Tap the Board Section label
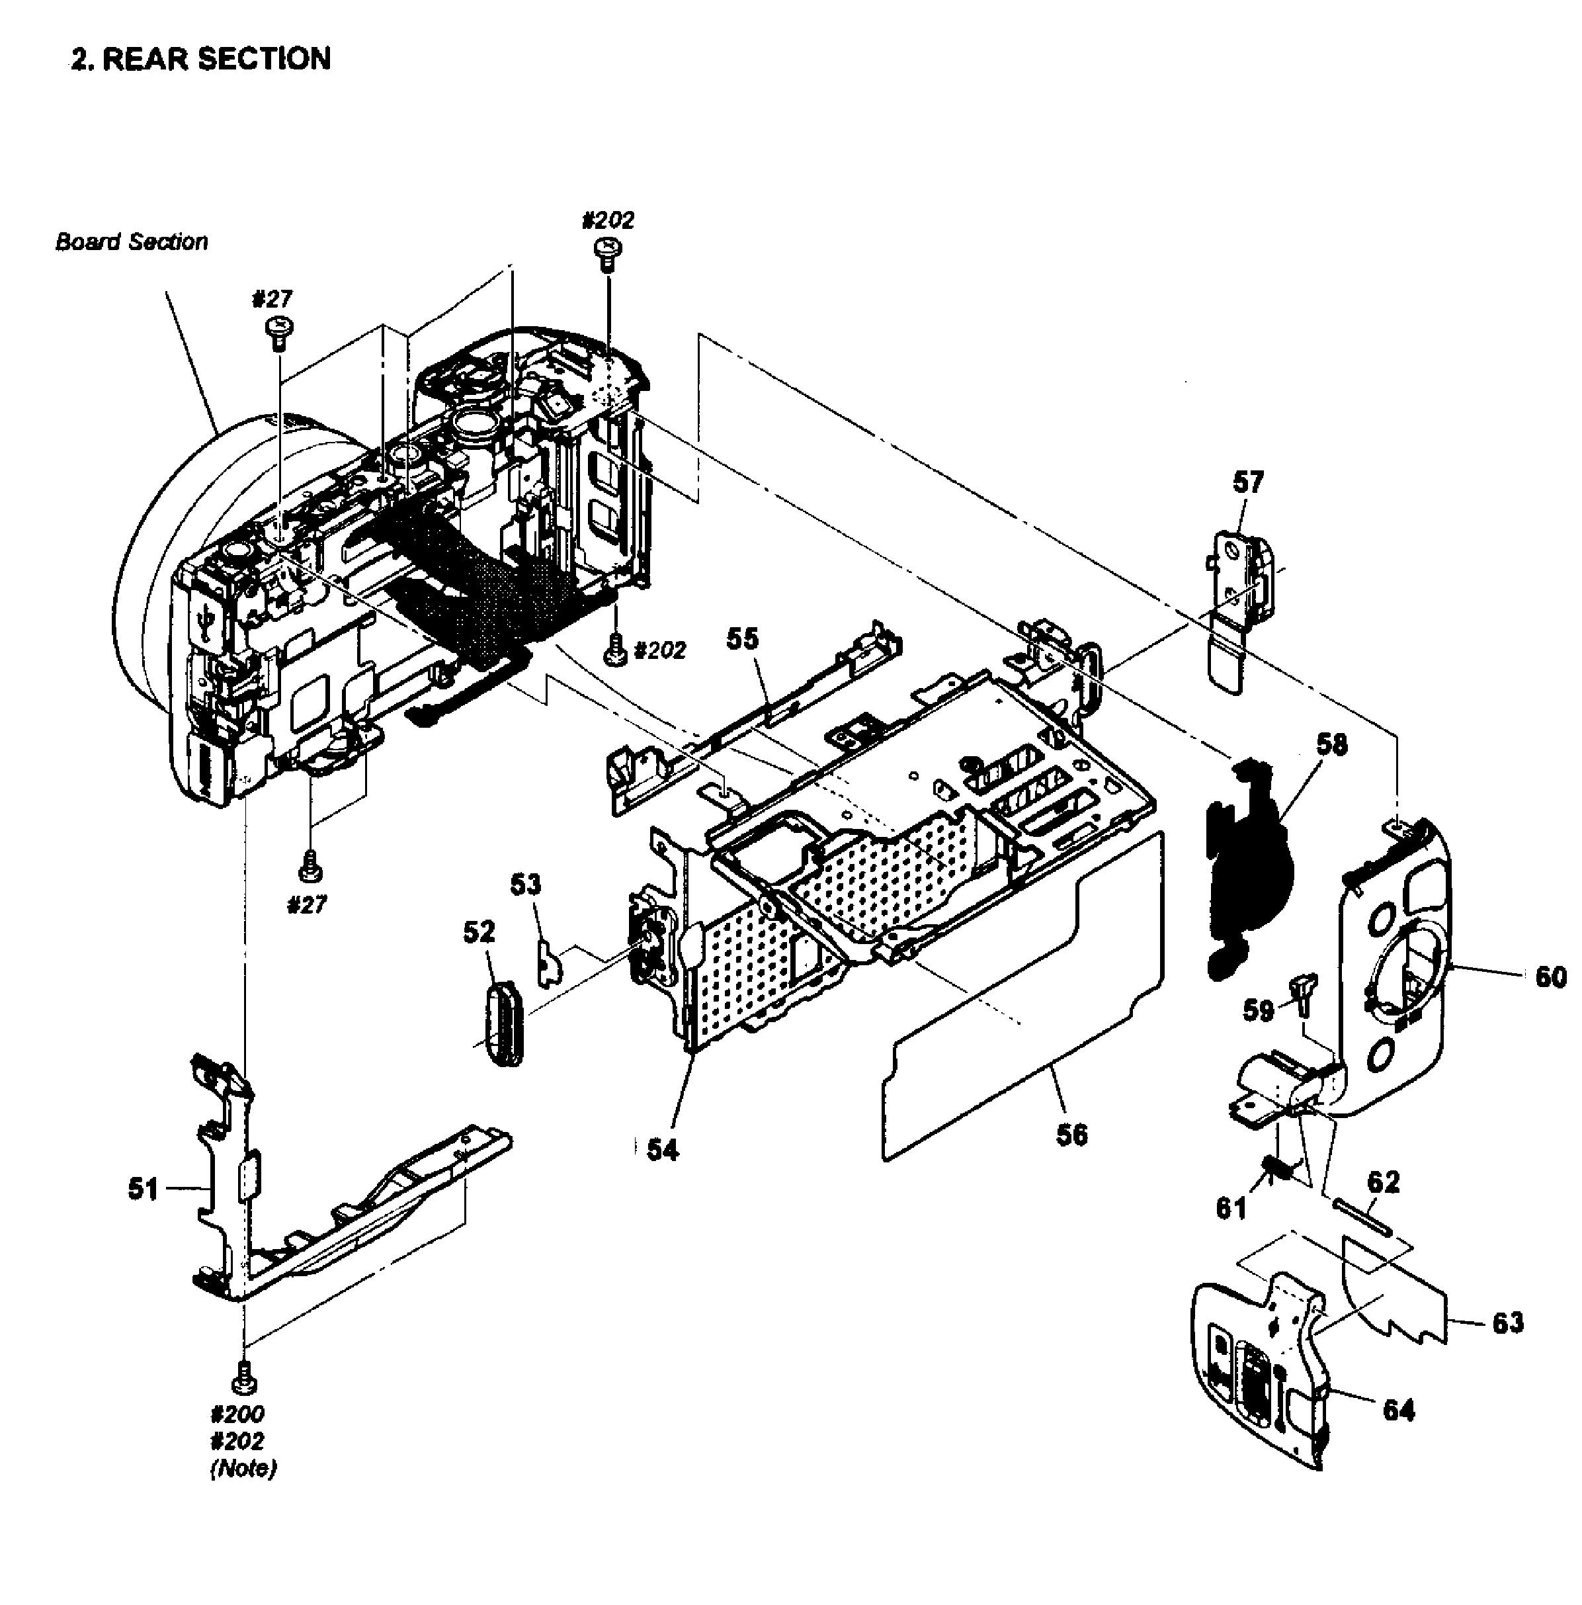[131, 241]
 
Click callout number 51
[142, 1189]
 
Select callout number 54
[663, 1150]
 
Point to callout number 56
[1071, 1135]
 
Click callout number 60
[1550, 977]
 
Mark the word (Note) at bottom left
[243, 1469]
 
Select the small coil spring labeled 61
[1276, 1169]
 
